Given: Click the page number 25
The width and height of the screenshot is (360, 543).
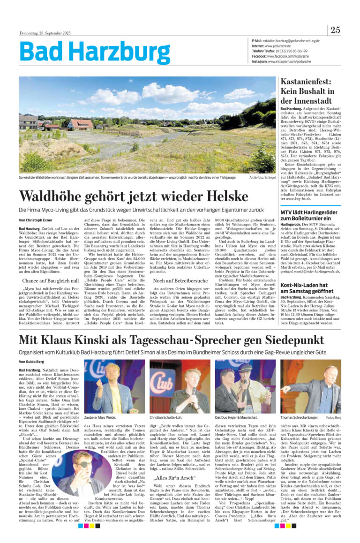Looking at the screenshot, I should point(335,30).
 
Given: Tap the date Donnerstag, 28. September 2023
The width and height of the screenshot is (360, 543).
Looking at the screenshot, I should point(45,33).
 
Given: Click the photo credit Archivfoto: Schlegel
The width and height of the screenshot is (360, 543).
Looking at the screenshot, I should point(262,178).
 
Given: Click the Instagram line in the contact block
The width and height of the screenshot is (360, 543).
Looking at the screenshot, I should point(274,61).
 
